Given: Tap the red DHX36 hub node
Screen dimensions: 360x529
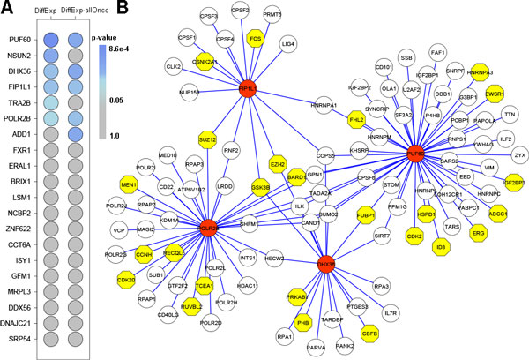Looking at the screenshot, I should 325,266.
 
